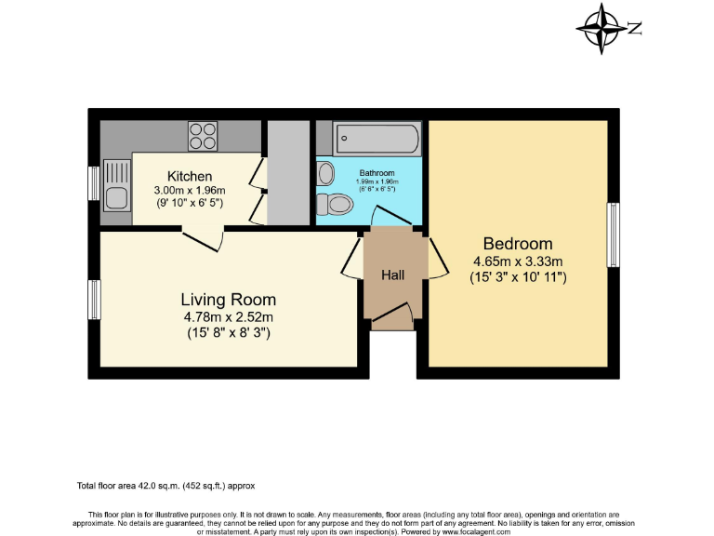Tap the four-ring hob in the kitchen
click(x=203, y=137)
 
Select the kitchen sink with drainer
click(x=117, y=184)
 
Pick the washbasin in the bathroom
click(x=325, y=173)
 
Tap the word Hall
click(x=392, y=275)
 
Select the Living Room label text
click(x=228, y=300)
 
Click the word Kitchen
click(x=190, y=176)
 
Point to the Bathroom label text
click(x=377, y=173)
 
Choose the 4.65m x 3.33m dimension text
click(x=518, y=261)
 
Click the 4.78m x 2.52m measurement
click(x=228, y=316)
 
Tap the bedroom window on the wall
click(x=613, y=236)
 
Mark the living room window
click(x=94, y=300)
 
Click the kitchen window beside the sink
click(x=94, y=182)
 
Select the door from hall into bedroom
click(x=437, y=259)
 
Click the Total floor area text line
click(x=165, y=486)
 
